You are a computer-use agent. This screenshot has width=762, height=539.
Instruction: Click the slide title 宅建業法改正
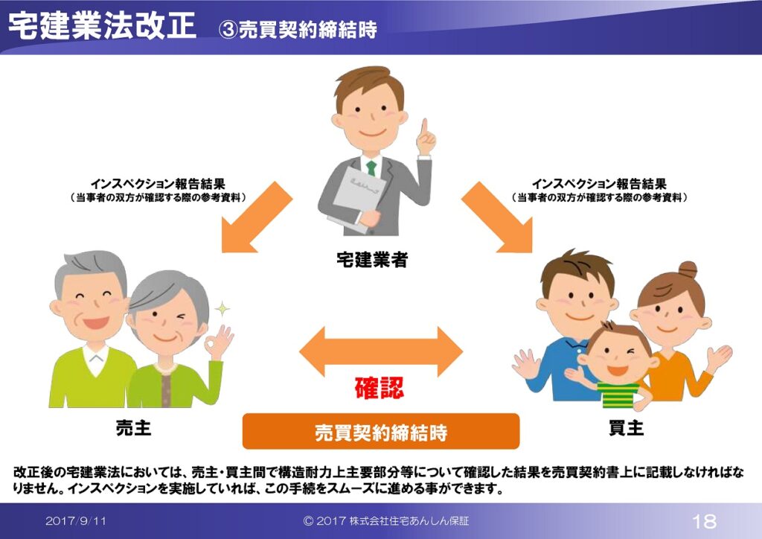coord(103,25)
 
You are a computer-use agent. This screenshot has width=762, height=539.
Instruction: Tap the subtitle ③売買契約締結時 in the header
coord(298,30)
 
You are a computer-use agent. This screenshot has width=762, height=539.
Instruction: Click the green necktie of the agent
coord(371,168)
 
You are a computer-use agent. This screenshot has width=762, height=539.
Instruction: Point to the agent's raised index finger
coord(424,127)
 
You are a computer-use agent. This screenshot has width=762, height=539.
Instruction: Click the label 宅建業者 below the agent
coord(372,260)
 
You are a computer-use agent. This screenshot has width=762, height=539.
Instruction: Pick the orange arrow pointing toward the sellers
coord(257,217)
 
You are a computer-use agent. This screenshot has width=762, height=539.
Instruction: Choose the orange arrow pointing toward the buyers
coord(497,217)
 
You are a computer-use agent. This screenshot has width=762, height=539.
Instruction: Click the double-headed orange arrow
coord(381,351)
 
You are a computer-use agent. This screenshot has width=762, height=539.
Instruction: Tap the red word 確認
coord(379,388)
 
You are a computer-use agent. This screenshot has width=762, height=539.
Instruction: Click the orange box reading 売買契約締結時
coord(381,431)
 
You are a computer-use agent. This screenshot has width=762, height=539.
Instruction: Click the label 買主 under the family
coord(627,427)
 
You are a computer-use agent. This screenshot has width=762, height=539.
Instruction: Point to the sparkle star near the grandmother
coord(222,309)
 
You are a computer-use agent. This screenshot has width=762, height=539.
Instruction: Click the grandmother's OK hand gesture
coord(219,341)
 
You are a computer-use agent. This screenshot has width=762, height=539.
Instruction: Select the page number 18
coord(704,521)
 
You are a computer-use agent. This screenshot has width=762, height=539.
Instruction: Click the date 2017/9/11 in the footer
coord(76,521)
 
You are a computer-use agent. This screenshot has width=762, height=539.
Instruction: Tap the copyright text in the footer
coord(386,521)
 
